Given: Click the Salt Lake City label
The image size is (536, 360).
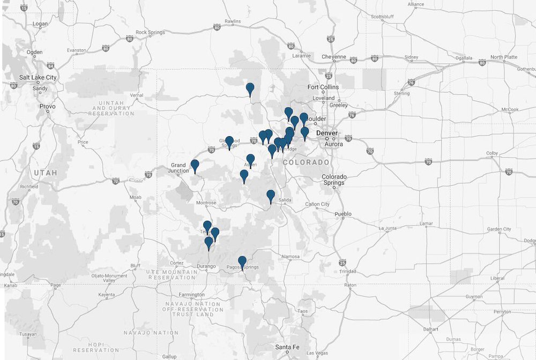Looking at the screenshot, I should (38, 77).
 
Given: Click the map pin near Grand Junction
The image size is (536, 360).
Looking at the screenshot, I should (195, 166).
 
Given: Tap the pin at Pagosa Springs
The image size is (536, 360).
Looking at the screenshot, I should (242, 261).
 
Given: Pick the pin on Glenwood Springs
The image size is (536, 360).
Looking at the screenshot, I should (229, 142).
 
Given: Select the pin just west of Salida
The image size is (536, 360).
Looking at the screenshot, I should (271, 196).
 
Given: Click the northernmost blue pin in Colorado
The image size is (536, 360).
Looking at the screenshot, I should (250, 88).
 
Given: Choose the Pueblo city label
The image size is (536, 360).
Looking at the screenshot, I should (343, 214).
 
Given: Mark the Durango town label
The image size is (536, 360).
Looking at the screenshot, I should (206, 266).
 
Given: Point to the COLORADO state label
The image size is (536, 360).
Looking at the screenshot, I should (306, 162).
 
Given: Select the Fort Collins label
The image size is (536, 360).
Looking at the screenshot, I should (323, 87).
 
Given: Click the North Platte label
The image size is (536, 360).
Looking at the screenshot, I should (503, 57).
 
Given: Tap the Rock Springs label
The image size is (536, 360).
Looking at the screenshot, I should (148, 32).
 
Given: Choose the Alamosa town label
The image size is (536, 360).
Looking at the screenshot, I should (291, 257).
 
